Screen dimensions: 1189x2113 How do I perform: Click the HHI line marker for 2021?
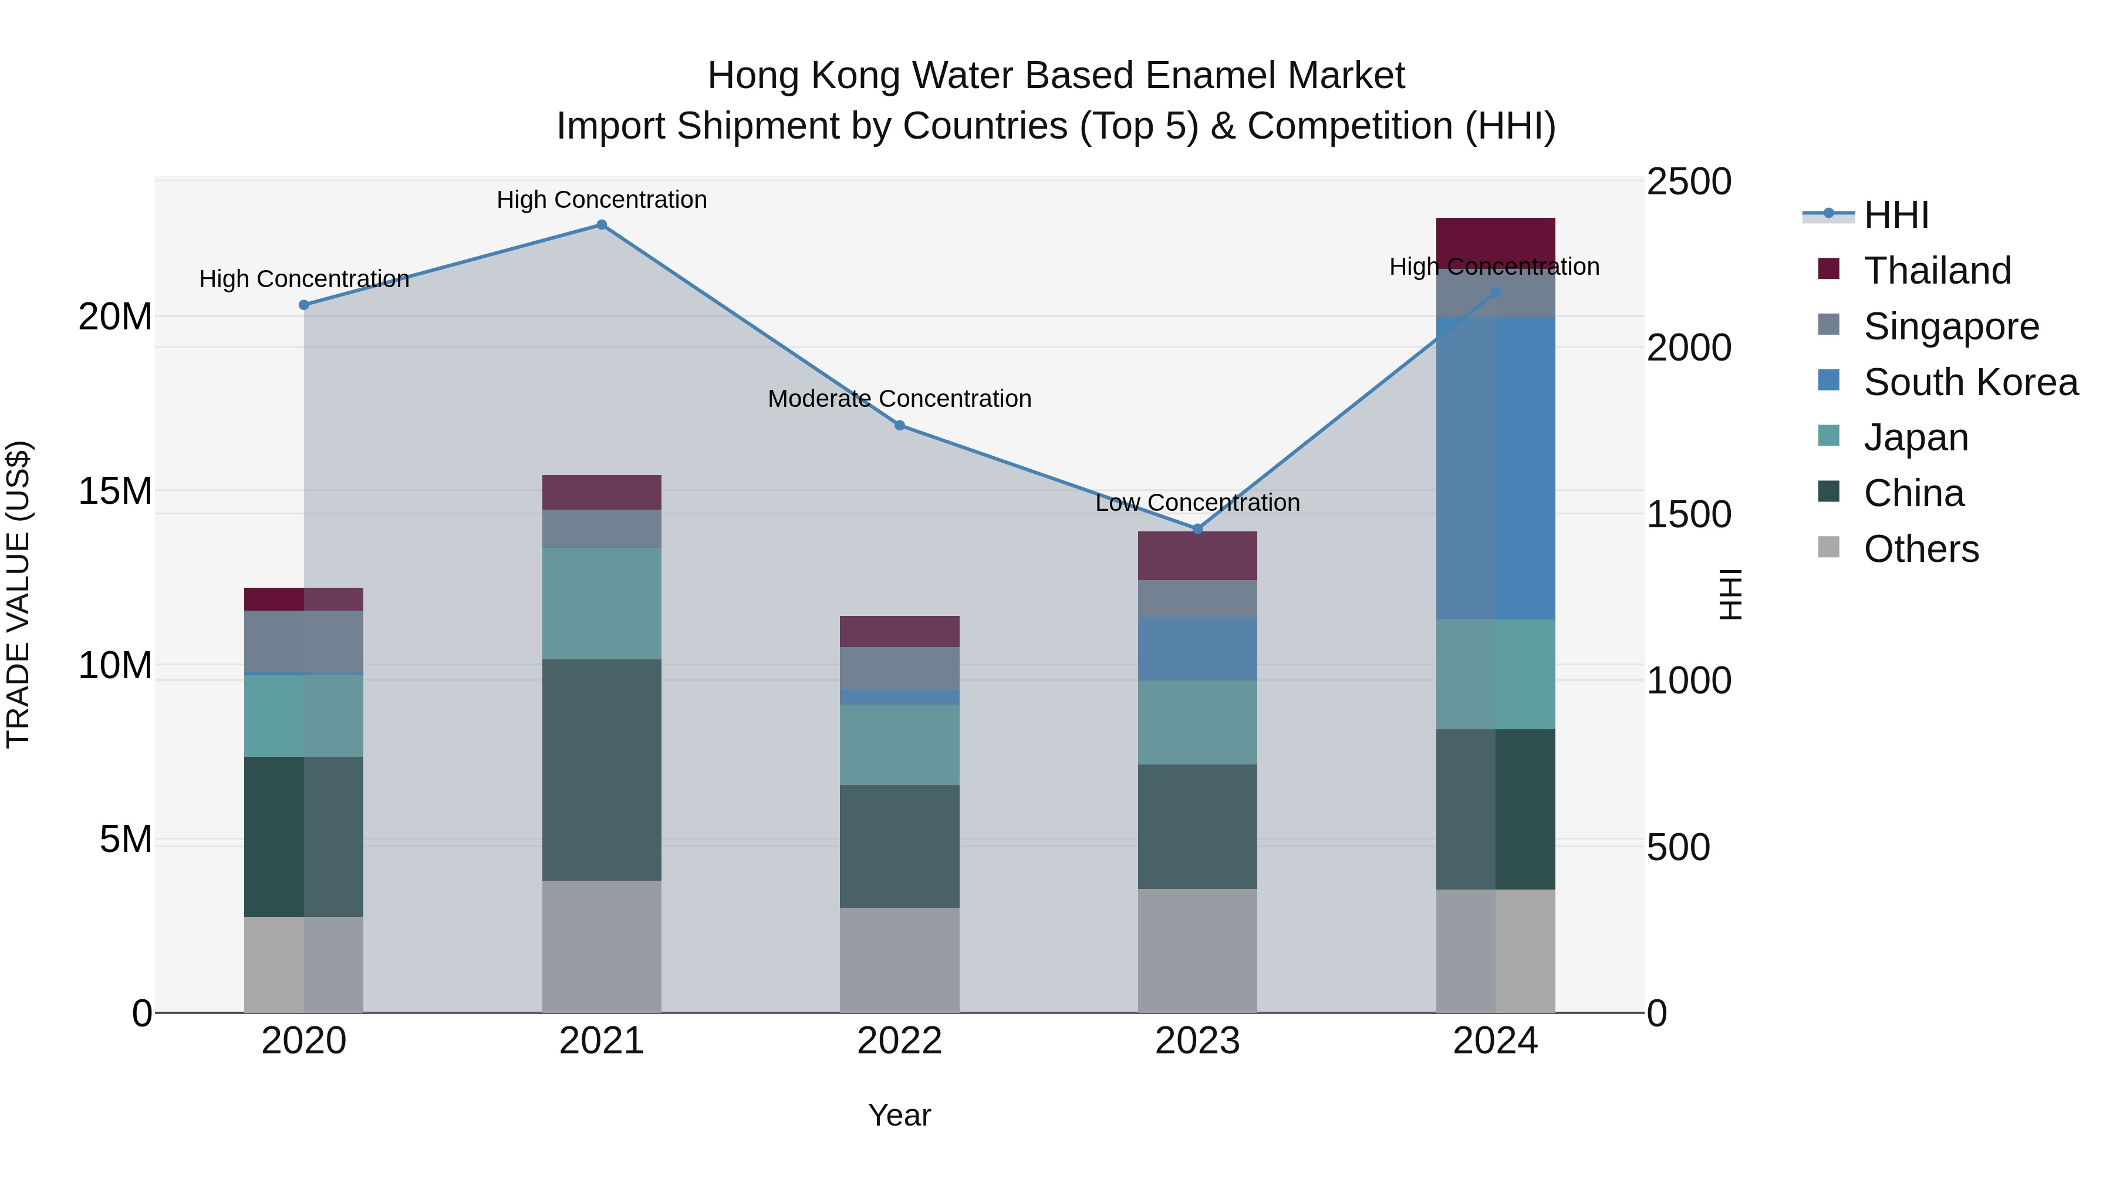pos(601,225)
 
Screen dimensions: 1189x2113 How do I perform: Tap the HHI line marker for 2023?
pos(1197,529)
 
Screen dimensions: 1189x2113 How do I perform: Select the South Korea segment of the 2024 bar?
pos(1496,468)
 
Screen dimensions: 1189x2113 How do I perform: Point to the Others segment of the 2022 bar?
pos(899,959)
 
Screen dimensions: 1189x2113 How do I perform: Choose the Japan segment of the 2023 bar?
pos(1197,722)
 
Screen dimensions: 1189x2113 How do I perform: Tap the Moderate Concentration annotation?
pos(899,399)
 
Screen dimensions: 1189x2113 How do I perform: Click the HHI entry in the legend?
pos(1896,215)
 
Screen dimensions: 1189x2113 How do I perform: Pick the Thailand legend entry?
pos(1937,271)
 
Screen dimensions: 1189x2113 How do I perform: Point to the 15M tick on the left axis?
pos(115,491)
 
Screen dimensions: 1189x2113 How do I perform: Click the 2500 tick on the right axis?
pos(1688,181)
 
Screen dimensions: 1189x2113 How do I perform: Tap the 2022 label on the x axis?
pos(899,1041)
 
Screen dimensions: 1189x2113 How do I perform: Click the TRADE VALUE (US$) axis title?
pos(18,594)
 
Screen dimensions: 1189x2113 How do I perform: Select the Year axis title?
pos(899,1115)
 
